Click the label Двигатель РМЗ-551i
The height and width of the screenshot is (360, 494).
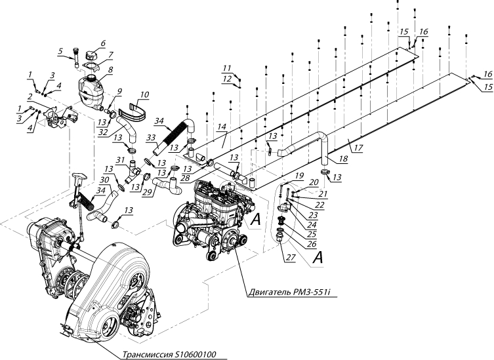point(292,292)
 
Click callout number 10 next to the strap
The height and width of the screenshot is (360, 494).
point(144,94)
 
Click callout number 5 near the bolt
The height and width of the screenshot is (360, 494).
point(60,50)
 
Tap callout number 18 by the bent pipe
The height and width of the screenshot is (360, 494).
point(342,159)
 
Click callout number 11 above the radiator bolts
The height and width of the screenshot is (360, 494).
point(227,68)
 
